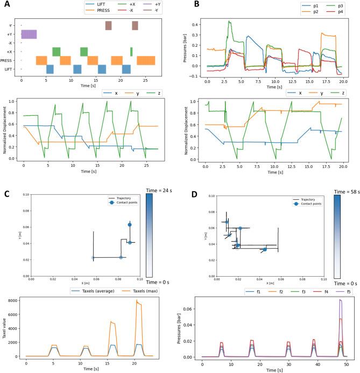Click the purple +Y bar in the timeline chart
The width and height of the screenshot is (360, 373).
click(x=29, y=34)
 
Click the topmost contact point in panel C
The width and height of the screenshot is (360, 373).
click(x=130, y=224)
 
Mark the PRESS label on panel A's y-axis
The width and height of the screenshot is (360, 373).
click(x=10, y=60)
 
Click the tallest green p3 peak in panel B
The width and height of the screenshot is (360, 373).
click(x=230, y=22)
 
